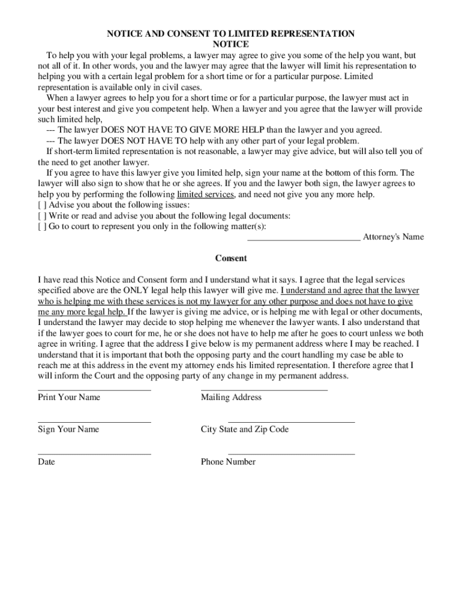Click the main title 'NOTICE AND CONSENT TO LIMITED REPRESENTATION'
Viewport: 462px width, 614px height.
point(230,34)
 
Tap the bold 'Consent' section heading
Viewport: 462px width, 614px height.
point(231,258)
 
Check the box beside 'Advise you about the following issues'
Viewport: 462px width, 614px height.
point(41,205)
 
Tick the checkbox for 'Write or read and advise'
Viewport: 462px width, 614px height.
point(41,216)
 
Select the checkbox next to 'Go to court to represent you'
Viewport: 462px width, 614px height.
point(41,227)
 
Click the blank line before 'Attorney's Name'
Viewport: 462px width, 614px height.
point(304,238)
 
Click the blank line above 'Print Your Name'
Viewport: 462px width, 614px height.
point(94,390)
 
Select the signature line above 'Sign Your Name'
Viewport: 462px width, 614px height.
point(94,422)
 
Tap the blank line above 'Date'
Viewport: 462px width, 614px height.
point(94,454)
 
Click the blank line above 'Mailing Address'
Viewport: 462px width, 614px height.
point(264,390)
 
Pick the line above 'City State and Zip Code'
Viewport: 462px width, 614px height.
point(292,422)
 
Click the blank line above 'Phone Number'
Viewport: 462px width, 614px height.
point(292,454)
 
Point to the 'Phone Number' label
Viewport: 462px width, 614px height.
point(228,462)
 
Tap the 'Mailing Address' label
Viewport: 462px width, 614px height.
point(231,398)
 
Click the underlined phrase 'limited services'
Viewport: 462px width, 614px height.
point(205,195)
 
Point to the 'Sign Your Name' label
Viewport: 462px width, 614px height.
point(68,429)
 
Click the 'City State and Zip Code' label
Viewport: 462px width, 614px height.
point(245,429)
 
